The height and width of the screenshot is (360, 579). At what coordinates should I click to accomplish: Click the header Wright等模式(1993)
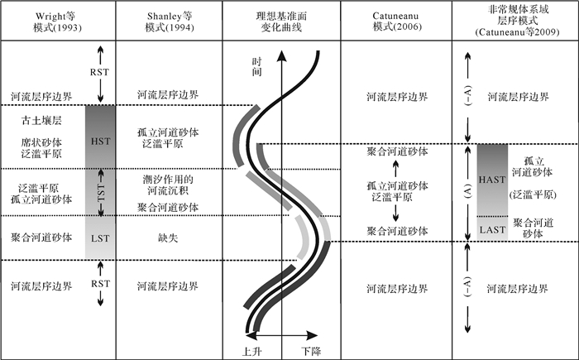pyautogui.click(x=55, y=22)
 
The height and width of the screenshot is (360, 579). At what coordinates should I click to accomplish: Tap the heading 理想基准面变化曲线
pyautogui.click(x=282, y=22)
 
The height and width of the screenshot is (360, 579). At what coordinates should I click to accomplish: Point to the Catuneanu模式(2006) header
pyautogui.click(x=397, y=22)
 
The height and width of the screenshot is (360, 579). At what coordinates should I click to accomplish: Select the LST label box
pyautogui.click(x=99, y=238)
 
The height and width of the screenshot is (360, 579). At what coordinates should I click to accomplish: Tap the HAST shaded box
pyautogui.click(x=491, y=180)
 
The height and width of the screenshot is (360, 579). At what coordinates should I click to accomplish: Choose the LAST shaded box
pyautogui.click(x=491, y=228)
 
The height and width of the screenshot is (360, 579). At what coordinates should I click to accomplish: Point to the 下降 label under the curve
pyautogui.click(x=310, y=351)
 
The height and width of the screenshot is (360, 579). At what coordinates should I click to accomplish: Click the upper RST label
pyautogui.click(x=99, y=71)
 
